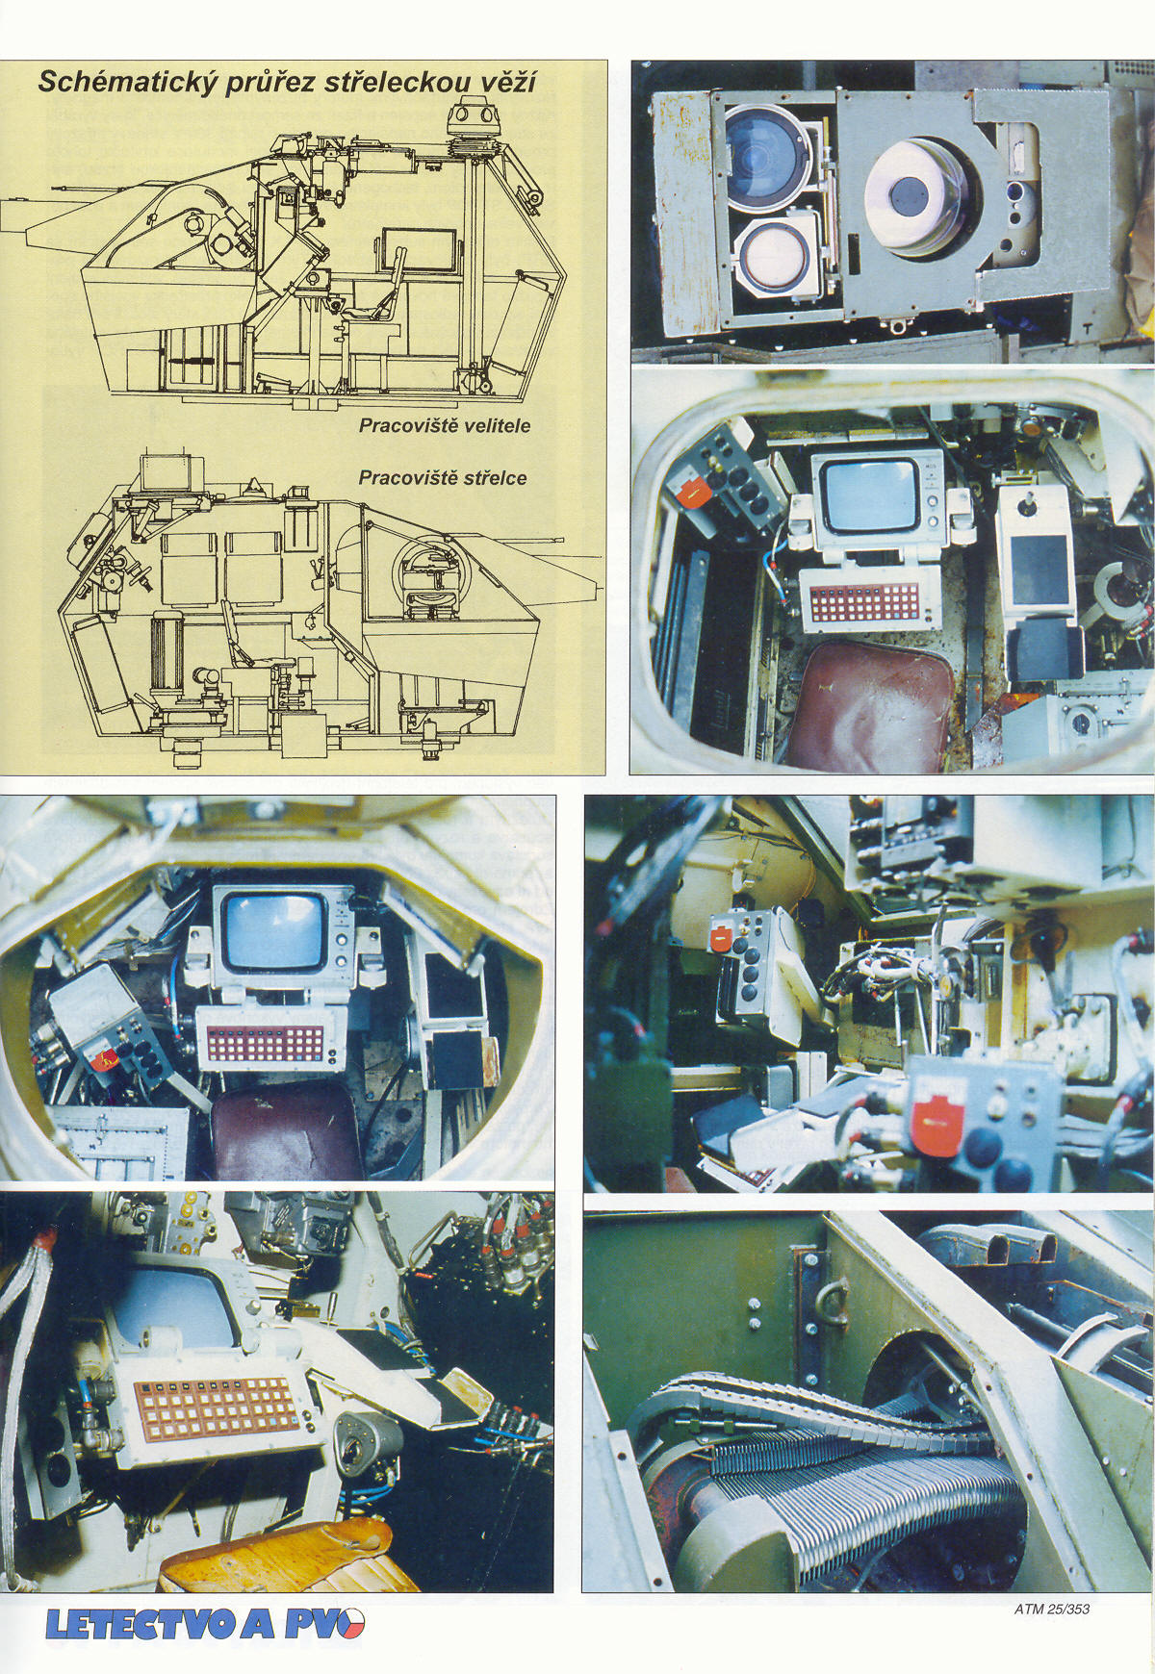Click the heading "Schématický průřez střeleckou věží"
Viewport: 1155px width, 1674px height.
pyautogui.click(x=287, y=82)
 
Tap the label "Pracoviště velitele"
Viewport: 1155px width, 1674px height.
pyautogui.click(x=445, y=425)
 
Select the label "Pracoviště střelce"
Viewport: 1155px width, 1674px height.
pyautogui.click(x=443, y=478)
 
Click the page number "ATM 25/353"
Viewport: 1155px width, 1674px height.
pyautogui.click(x=1051, y=1608)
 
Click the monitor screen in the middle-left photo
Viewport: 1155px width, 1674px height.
pyautogui.click(x=272, y=930)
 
